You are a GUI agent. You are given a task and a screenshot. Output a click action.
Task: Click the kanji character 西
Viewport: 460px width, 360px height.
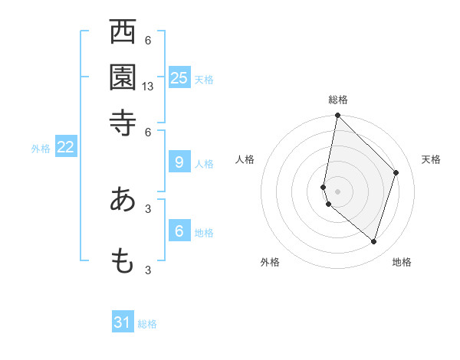click(x=123, y=34)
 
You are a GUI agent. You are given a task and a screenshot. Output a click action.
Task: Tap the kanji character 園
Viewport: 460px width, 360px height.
click(x=123, y=77)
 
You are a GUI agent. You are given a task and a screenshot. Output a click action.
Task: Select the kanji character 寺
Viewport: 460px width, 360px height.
click(x=123, y=123)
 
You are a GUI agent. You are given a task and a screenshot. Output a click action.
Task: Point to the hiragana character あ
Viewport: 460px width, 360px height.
click(x=123, y=199)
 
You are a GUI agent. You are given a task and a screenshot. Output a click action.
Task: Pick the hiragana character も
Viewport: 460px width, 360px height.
click(x=123, y=260)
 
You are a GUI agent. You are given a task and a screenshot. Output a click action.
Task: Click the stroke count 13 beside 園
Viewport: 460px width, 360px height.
click(x=148, y=87)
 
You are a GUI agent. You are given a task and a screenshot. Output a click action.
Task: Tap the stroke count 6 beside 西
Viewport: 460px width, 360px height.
click(x=148, y=41)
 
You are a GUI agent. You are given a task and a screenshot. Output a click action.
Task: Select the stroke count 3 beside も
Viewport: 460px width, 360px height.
click(x=148, y=269)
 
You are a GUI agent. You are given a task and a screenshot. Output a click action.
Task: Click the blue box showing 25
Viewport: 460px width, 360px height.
click(x=179, y=77)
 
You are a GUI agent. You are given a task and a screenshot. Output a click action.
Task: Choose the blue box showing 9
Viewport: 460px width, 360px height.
click(x=179, y=162)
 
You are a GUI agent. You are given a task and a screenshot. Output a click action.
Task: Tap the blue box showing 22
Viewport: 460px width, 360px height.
click(x=66, y=147)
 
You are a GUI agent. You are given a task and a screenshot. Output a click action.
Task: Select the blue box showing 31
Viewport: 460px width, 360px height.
click(x=123, y=322)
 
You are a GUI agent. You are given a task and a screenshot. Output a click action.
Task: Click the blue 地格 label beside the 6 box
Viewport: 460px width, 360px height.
click(x=204, y=233)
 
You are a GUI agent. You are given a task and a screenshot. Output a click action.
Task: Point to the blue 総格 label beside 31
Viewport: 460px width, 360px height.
click(x=147, y=324)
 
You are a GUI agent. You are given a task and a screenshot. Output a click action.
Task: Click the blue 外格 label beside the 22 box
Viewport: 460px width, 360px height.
click(x=41, y=149)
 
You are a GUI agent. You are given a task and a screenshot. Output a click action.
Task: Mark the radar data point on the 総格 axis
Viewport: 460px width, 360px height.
click(x=337, y=116)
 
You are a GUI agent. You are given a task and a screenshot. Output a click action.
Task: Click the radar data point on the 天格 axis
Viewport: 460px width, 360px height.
click(x=396, y=172)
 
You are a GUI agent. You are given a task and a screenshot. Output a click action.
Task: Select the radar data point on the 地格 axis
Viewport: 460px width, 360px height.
click(x=373, y=241)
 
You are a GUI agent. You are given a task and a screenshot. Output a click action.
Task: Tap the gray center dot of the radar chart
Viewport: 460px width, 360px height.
click(x=337, y=191)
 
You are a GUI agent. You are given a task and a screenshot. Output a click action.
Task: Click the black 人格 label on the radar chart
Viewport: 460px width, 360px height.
click(x=245, y=159)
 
